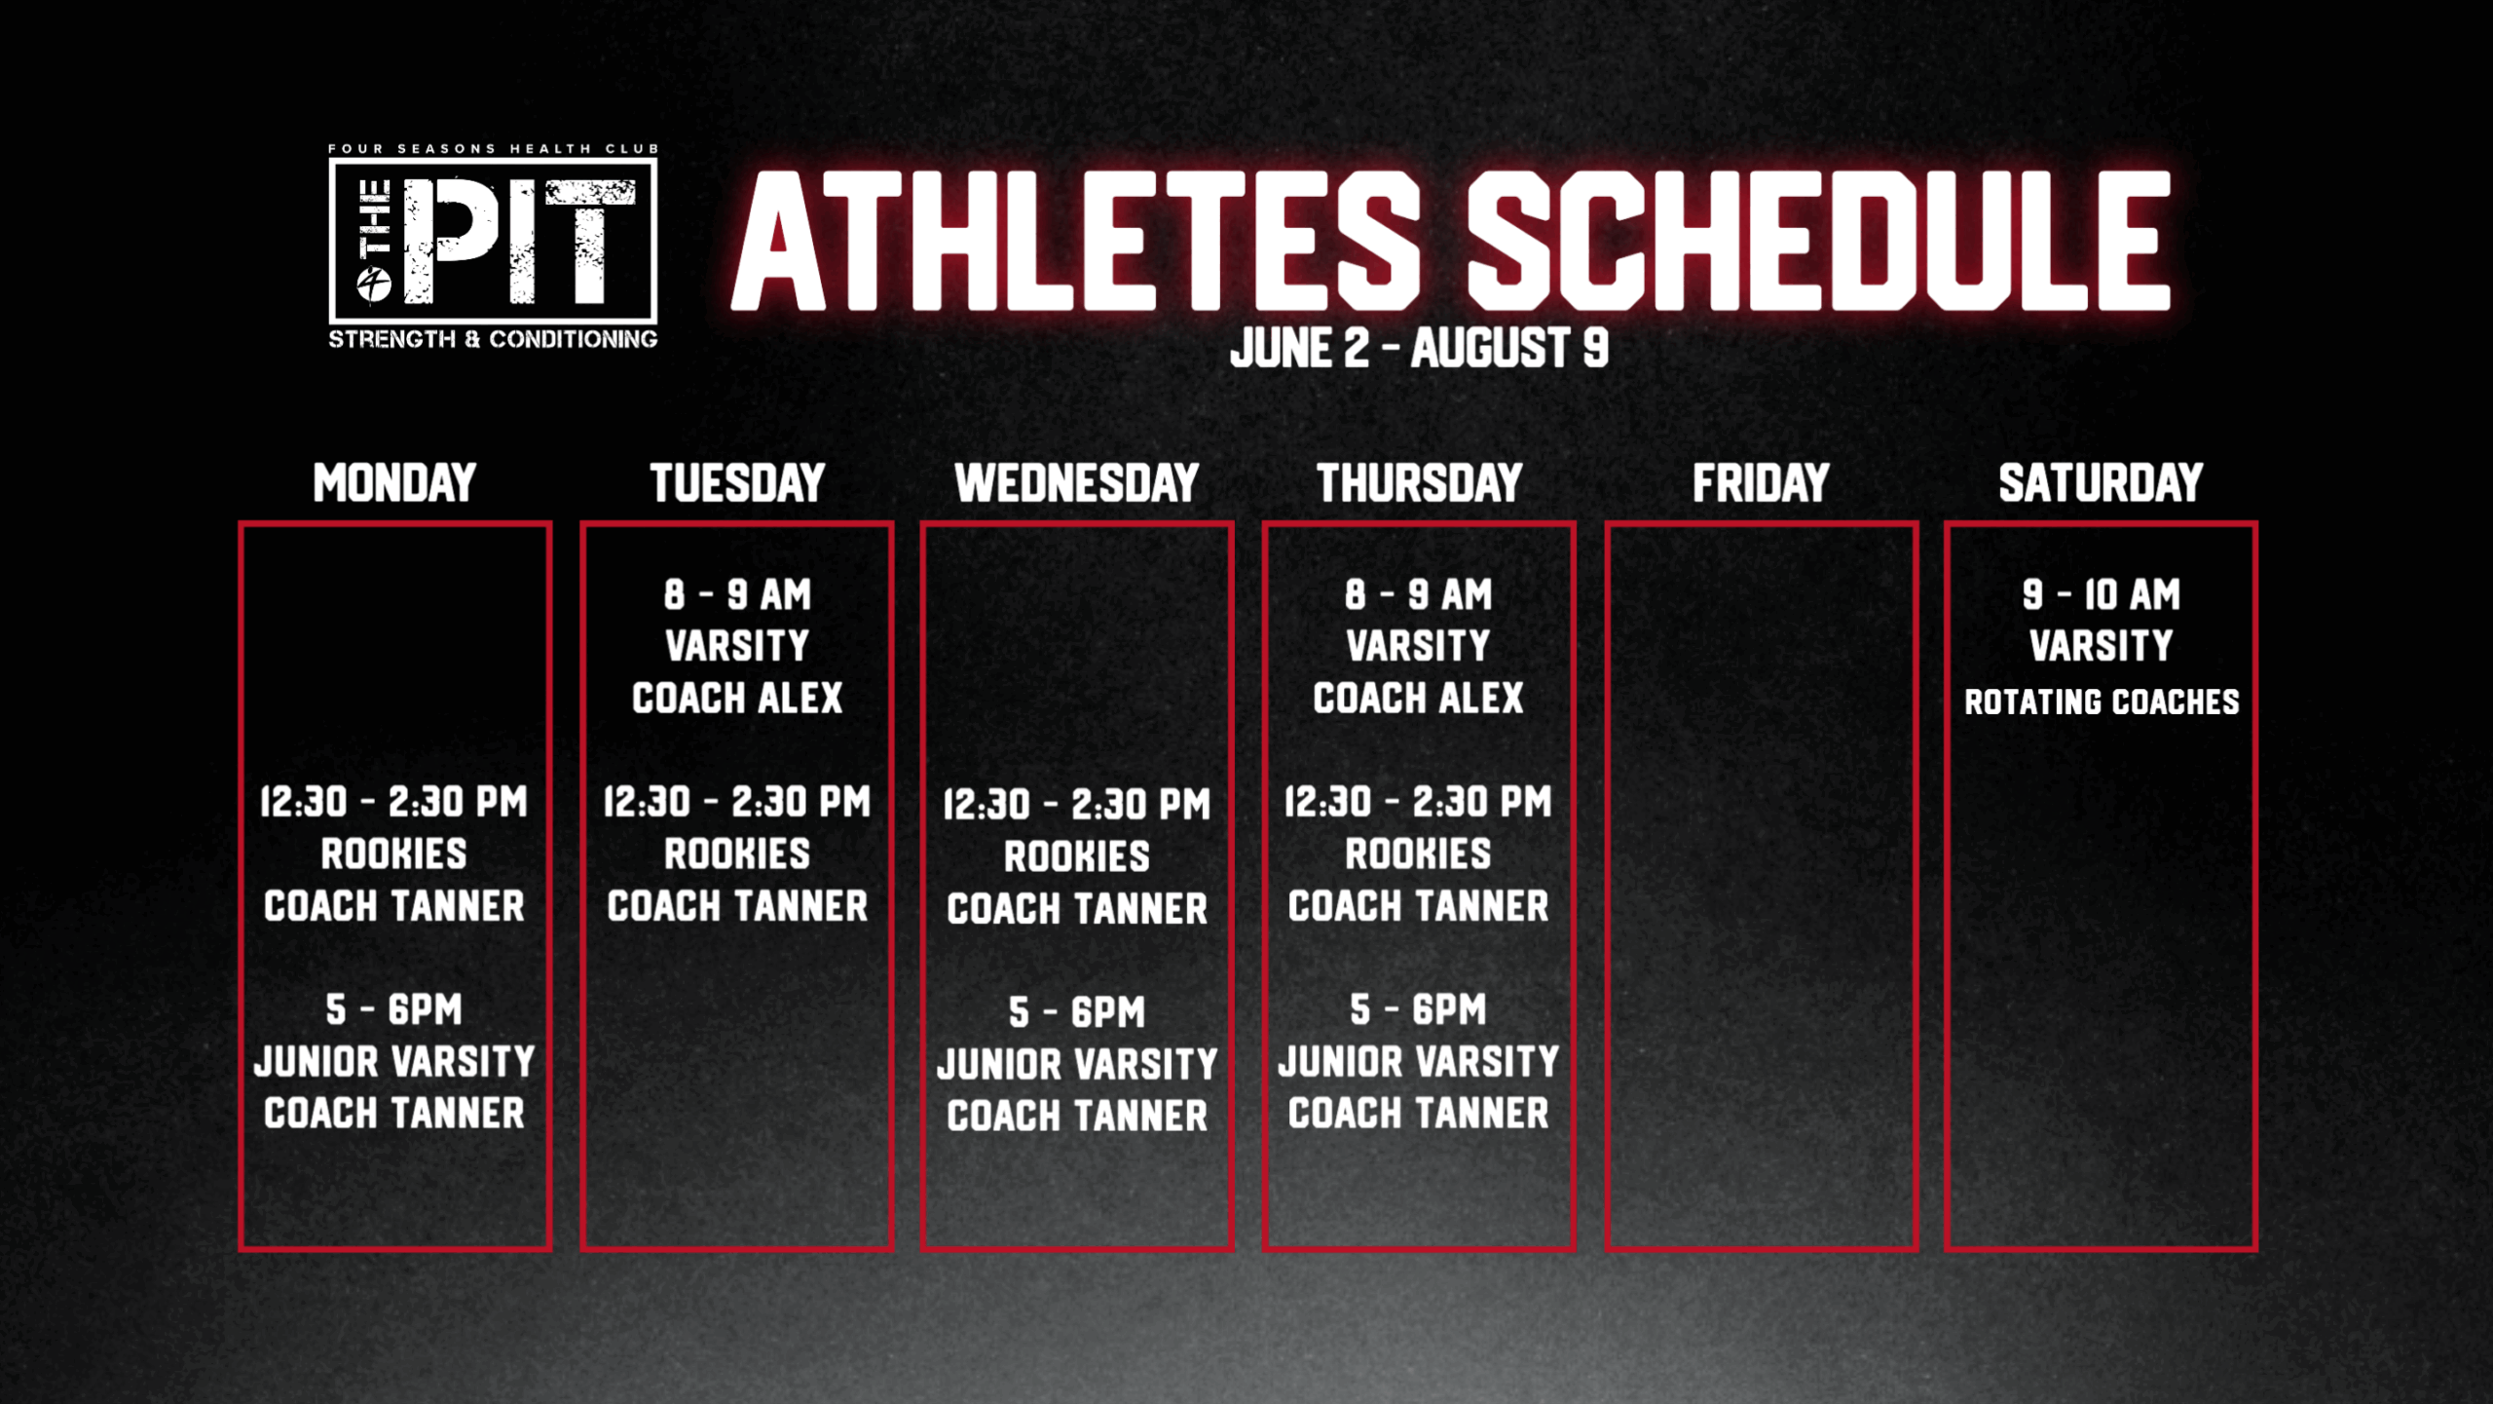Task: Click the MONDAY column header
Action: [x=394, y=483]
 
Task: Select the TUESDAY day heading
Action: [x=737, y=483]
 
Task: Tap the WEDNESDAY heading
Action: [x=1077, y=483]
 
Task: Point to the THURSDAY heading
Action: [x=1419, y=483]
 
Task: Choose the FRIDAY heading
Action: [x=1761, y=483]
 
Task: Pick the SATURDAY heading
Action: [x=2101, y=483]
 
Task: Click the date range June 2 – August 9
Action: [x=1419, y=348]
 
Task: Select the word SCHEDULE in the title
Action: [x=1819, y=241]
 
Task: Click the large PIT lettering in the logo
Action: [x=519, y=241]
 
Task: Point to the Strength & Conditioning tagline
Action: [x=493, y=339]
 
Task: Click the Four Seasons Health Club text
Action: [x=493, y=149]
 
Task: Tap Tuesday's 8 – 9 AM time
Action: [x=737, y=594]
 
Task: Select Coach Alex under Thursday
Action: [x=1419, y=698]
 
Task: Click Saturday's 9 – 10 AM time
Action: [x=2101, y=594]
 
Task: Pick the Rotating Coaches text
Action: [x=2102, y=702]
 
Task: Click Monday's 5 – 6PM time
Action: [x=394, y=1009]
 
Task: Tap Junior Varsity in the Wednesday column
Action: [x=1077, y=1064]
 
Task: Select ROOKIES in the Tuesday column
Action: [x=737, y=854]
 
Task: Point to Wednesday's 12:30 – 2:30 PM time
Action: [x=1077, y=805]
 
